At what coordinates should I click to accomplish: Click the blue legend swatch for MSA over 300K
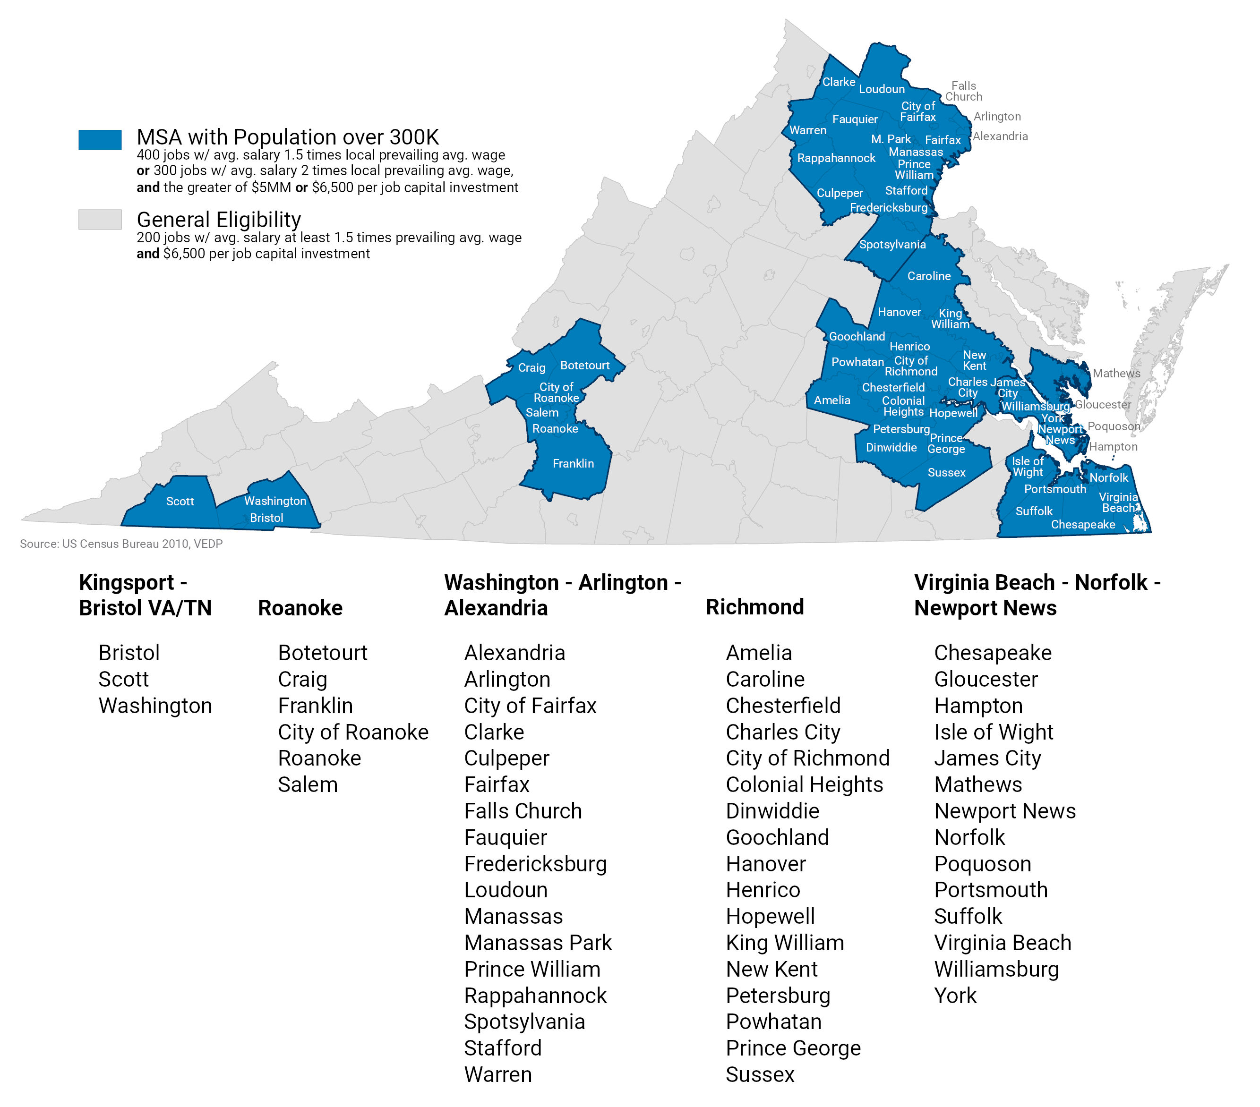click(100, 139)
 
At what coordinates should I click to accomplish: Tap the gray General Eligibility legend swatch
click(100, 220)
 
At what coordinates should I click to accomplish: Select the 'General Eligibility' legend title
click(219, 220)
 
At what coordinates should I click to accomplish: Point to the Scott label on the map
click(180, 502)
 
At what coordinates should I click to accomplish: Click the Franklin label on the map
click(573, 463)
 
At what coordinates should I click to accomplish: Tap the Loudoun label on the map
click(882, 89)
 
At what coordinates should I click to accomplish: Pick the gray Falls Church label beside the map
click(963, 91)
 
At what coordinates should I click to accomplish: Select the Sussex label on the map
click(946, 473)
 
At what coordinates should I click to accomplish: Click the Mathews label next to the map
click(1116, 374)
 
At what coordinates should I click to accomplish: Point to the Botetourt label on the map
click(584, 366)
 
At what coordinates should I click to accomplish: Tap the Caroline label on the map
click(929, 276)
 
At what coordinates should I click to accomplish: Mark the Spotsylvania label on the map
click(892, 245)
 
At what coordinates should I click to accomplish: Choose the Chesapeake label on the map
click(1083, 525)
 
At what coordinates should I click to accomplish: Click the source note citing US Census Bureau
click(121, 544)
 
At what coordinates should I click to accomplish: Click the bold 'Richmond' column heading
click(754, 607)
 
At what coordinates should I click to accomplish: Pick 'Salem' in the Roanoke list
click(308, 784)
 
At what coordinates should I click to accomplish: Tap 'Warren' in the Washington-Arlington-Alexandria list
click(498, 1074)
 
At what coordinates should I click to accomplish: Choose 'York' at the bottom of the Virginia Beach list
click(955, 996)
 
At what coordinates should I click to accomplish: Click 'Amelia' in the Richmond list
click(758, 653)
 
